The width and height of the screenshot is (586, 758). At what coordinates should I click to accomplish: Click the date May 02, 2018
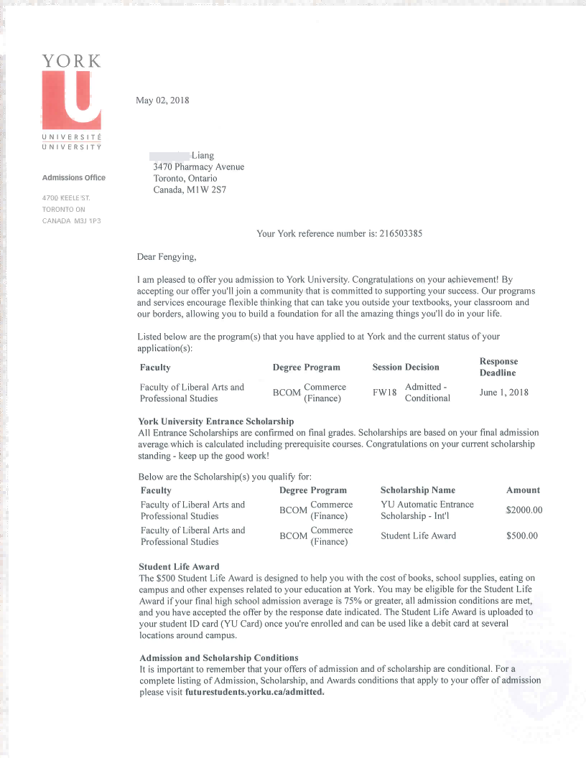pos(162,100)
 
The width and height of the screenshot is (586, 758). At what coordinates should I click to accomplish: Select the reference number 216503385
pos(406,233)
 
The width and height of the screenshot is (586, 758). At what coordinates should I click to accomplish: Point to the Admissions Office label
pos(73,177)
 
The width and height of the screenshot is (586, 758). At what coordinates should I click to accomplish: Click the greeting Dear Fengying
pos(166,256)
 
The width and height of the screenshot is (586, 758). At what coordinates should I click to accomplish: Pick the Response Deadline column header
pos(498,367)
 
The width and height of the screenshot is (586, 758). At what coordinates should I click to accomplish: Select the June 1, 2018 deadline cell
pos(503,393)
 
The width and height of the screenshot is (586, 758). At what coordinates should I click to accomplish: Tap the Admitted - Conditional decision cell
pos(427,393)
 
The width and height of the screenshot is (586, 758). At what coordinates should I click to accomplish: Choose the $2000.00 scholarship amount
pos(524,510)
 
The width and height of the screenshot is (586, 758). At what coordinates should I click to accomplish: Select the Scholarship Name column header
pos(417,490)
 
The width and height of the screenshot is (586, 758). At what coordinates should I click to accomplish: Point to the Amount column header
pos(523,490)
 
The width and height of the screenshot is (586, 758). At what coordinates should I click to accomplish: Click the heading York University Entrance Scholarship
pos(215,421)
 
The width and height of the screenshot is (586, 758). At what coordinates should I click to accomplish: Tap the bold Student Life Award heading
pos(179,567)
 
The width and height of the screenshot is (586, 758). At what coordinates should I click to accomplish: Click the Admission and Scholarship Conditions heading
pos(218,658)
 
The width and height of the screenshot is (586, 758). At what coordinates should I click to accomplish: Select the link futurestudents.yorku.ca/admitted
pos(255,692)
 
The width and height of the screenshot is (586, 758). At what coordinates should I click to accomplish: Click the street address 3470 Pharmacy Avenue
pos(198,167)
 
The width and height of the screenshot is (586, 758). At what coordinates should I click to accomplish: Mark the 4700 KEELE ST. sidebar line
pos(65,197)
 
